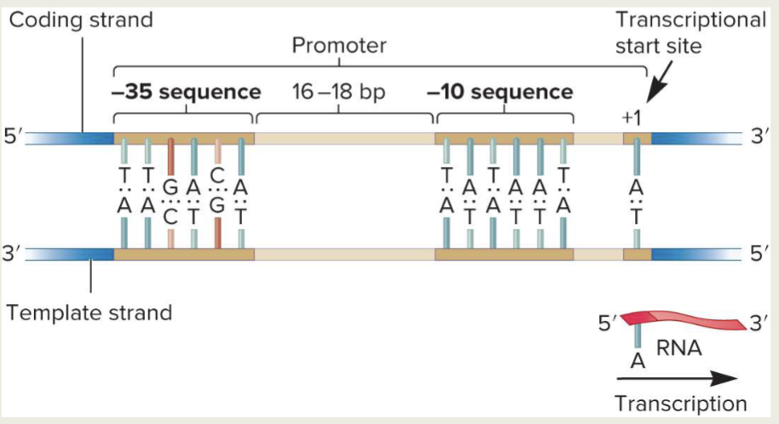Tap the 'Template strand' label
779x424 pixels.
pyautogui.click(x=89, y=312)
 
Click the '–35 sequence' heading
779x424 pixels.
pyautogui.click(x=186, y=91)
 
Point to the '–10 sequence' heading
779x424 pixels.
pyautogui.click(x=500, y=91)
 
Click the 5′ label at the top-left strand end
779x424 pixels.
pyautogui.click(x=14, y=138)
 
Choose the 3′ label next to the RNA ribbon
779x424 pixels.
pyautogui.click(x=760, y=323)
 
